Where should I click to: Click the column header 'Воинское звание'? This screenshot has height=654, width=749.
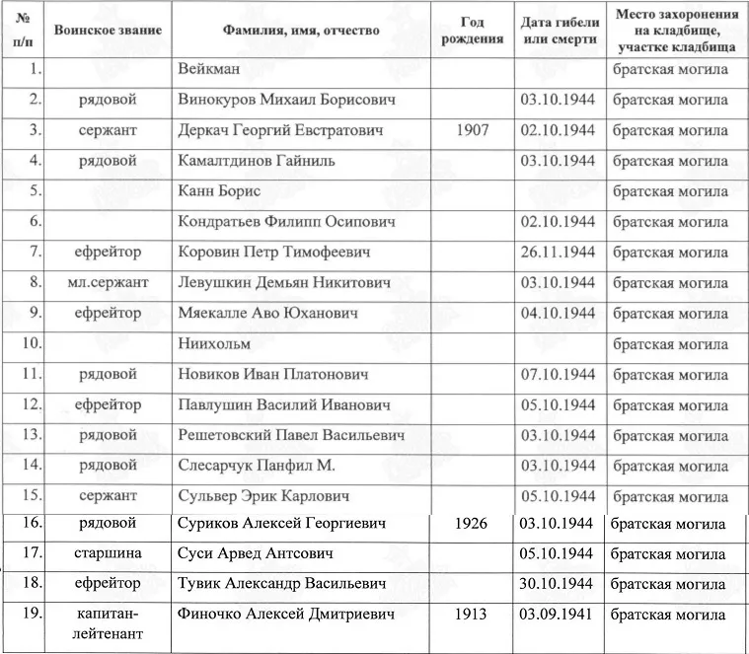pos(108,31)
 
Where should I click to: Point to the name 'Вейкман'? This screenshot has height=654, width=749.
pos(210,69)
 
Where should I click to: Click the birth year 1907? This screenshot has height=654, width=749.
pos(473,130)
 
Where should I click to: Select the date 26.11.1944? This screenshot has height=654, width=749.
pos(558,252)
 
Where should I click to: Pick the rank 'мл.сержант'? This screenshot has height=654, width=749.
pos(108,282)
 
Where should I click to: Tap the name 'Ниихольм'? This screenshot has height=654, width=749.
pos(214,343)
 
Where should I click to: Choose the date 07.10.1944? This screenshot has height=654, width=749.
pos(558,374)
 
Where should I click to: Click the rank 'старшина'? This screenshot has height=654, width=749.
pos(108,553)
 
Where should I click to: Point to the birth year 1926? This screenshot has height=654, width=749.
pos(472,523)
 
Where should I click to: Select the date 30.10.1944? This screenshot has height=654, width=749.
pos(558,584)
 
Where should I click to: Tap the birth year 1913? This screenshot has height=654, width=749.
pos(472,615)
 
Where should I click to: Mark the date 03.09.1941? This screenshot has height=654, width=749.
pos(558,615)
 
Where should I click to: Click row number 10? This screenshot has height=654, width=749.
pos(30,343)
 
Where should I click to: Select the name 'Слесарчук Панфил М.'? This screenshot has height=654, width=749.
pos(257,465)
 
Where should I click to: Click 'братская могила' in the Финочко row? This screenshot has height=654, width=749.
pos(668,615)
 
